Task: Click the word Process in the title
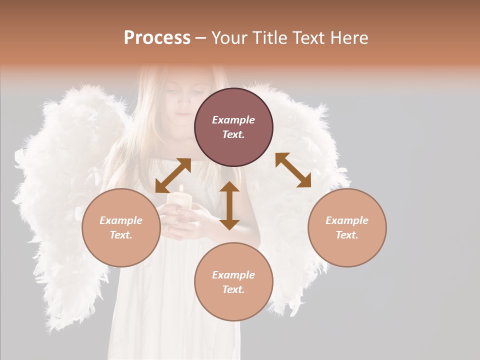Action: pos(157,38)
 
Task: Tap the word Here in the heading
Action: pos(349,38)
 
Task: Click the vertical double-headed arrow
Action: pos(229,205)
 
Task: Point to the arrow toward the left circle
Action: pos(173,175)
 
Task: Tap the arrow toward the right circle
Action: pos(293,170)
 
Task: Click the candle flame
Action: pos(181,189)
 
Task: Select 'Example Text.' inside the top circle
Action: pos(233,127)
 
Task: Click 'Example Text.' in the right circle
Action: pos(347,227)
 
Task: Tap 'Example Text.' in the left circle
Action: pos(121,227)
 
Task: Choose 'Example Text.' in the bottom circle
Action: pos(233,282)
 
